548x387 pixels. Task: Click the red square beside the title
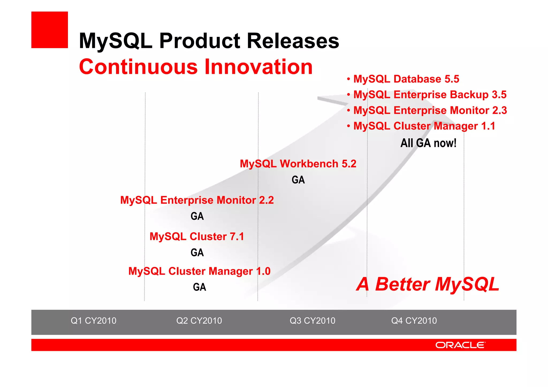click(50, 30)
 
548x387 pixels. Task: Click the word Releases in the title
click(293, 41)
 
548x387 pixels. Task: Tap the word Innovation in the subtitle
click(258, 67)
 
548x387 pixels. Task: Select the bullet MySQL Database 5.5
click(406, 79)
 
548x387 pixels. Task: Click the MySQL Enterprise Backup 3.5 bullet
click(430, 94)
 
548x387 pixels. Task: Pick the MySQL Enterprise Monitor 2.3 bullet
click(430, 110)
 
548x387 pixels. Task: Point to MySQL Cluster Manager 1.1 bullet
click(424, 126)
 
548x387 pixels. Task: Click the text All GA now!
click(428, 143)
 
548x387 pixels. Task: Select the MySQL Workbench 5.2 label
click(298, 164)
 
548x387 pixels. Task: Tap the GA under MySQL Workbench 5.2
click(298, 180)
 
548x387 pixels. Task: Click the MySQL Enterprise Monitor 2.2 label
click(197, 200)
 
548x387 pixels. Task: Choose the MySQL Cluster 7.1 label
click(197, 236)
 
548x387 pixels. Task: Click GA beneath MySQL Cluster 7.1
click(197, 252)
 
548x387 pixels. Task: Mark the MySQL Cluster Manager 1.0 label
click(199, 271)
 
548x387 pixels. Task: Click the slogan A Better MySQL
click(428, 284)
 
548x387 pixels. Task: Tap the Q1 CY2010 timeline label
click(93, 320)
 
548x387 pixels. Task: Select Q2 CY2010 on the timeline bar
click(199, 320)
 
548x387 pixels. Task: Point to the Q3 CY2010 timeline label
click(312, 320)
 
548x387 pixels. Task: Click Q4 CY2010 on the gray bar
click(414, 320)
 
